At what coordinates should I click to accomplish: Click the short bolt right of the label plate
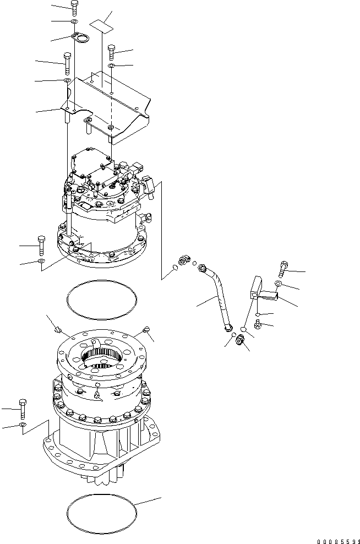(111, 52)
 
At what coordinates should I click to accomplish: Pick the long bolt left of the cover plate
(67, 63)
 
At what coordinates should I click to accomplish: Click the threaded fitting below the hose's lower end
(241, 340)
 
